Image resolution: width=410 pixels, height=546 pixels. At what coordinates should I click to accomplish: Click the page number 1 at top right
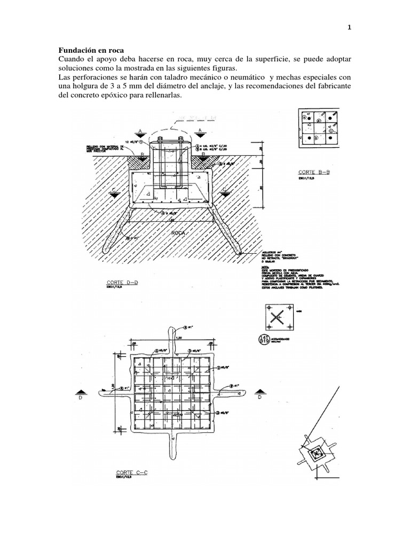(349, 28)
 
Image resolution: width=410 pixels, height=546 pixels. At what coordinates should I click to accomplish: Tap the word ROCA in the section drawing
(178, 234)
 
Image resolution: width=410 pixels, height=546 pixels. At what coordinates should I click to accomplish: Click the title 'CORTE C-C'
(131, 472)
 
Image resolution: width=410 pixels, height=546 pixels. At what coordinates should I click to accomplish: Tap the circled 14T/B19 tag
(264, 339)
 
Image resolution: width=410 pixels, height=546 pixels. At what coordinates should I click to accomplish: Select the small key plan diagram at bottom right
(318, 453)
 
